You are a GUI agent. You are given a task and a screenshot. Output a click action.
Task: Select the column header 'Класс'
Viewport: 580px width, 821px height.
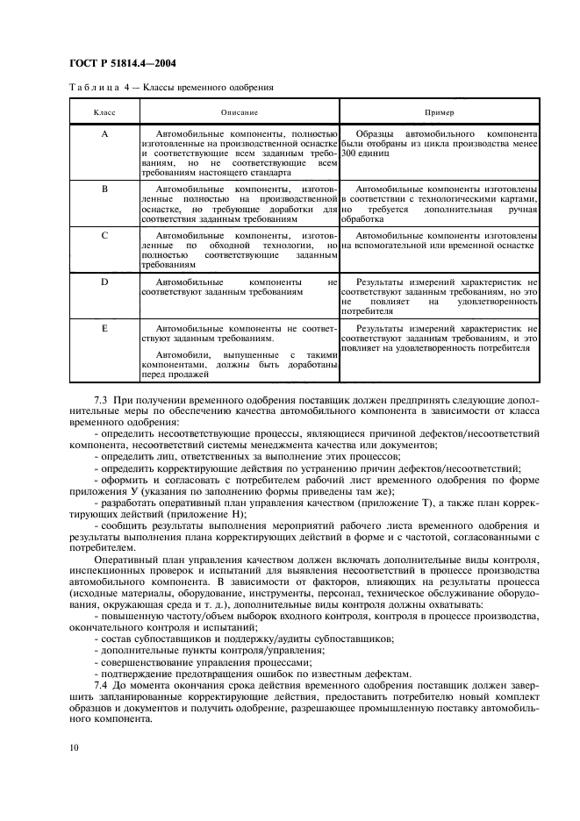point(104,113)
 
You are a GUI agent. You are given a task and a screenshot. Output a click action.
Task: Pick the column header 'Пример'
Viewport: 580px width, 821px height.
point(439,113)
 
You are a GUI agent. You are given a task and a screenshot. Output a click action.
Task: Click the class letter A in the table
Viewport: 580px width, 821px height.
point(104,133)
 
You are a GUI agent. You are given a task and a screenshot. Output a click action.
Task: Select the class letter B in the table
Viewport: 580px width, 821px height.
point(104,189)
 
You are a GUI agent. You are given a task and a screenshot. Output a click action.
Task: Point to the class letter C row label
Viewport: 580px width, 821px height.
point(104,236)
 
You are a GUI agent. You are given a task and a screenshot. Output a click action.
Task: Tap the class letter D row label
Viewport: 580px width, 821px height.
point(104,282)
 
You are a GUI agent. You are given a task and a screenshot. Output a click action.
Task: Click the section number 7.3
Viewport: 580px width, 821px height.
point(75,399)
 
